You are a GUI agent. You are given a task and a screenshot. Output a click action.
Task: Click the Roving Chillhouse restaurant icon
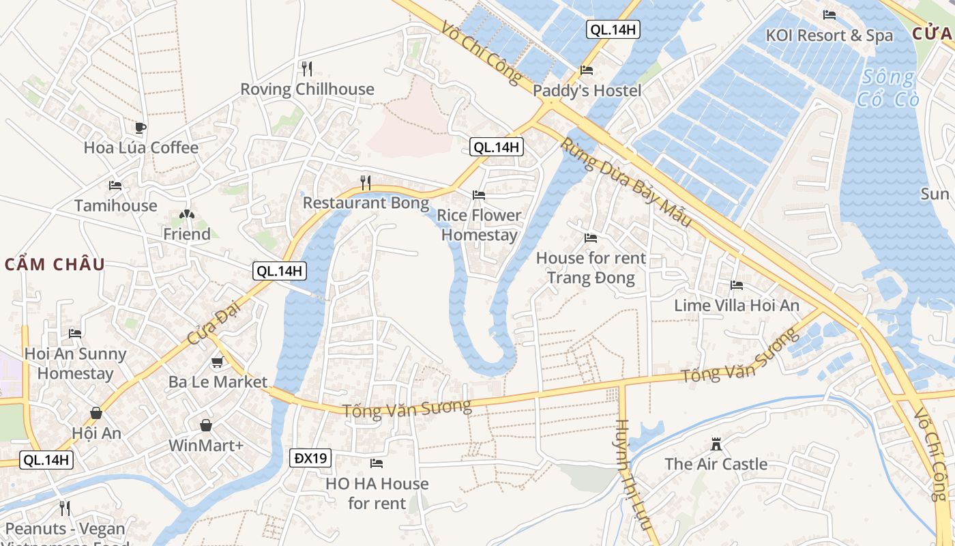(x=307, y=68)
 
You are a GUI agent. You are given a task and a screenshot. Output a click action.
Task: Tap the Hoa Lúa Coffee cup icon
(x=140, y=128)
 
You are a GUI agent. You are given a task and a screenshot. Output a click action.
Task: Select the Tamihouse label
(x=115, y=205)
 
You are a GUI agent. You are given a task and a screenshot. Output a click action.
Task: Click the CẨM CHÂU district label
(x=55, y=264)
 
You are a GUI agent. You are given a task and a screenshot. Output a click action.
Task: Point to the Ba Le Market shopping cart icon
(x=218, y=362)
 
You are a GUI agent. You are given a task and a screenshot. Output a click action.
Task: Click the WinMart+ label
(x=206, y=446)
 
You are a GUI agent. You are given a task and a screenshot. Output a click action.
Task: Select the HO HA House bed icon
(x=377, y=463)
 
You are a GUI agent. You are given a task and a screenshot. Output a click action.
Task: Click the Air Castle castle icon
(x=716, y=444)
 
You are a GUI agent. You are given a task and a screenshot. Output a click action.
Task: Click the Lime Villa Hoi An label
(x=737, y=305)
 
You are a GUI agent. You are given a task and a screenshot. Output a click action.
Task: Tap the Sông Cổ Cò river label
(x=889, y=88)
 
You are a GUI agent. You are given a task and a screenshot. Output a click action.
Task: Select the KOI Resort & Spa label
(x=829, y=35)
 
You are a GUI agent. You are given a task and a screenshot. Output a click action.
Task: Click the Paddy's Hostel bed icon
(x=587, y=70)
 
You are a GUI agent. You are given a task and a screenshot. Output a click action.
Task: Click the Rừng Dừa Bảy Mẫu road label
(x=626, y=183)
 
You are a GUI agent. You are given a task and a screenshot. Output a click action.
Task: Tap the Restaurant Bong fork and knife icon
(x=366, y=182)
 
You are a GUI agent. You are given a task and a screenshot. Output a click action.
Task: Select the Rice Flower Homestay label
(x=479, y=225)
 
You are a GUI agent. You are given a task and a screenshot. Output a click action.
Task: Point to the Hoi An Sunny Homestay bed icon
(x=75, y=334)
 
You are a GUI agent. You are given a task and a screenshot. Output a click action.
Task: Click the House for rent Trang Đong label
(x=591, y=268)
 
